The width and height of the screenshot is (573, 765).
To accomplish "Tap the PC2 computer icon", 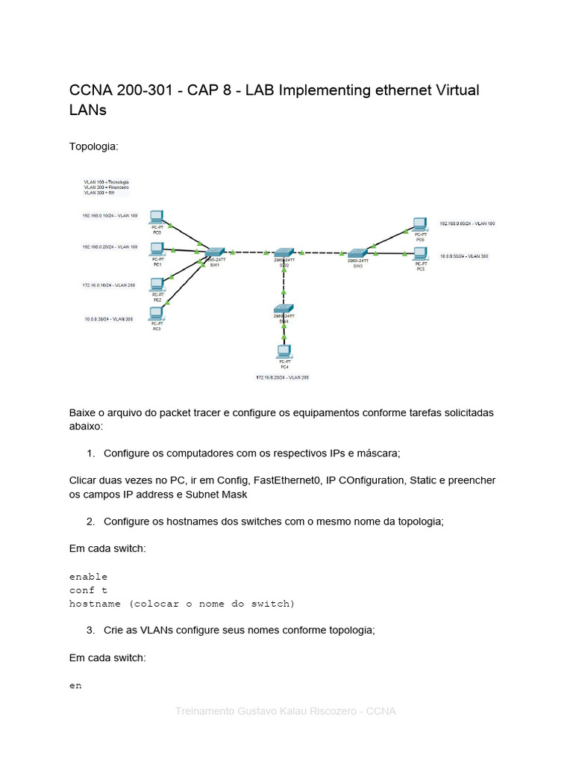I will (x=157, y=284).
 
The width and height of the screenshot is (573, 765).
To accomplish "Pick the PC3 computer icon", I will (x=157, y=317).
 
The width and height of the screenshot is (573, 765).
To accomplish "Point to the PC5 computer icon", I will (x=421, y=254).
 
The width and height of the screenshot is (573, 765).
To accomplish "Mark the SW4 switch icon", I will (x=284, y=309).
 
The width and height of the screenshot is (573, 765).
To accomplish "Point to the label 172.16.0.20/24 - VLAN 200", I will (x=282, y=377).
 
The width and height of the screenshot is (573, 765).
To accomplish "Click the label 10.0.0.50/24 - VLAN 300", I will (x=464, y=255).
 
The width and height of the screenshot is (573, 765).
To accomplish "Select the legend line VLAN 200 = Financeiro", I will (x=107, y=187).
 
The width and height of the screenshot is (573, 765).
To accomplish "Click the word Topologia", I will (x=93, y=146).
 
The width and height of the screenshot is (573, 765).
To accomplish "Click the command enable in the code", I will (x=88, y=577).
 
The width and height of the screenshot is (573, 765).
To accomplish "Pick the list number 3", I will (x=90, y=630).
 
